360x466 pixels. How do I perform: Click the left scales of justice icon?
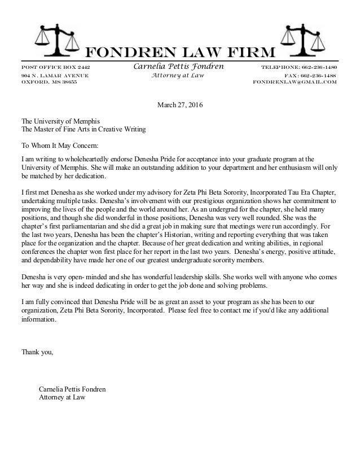pyautogui.click(x=51, y=41)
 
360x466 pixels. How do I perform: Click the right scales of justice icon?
pyautogui.click(x=309, y=41)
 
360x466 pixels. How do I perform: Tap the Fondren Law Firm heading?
pyautogui.click(x=180, y=52)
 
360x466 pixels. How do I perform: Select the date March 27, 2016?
pyautogui.click(x=179, y=104)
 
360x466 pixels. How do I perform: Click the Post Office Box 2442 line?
pyautogui.click(x=55, y=67)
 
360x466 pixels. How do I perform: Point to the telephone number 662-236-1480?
pyautogui.click(x=298, y=67)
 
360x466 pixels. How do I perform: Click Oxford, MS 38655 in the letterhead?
pyautogui.click(x=49, y=82)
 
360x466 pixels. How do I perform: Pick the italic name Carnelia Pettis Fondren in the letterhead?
pyautogui.click(x=178, y=67)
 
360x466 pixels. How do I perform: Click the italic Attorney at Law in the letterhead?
pyautogui.click(x=178, y=75)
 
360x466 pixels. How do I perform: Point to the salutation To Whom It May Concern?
pyautogui.click(x=59, y=144)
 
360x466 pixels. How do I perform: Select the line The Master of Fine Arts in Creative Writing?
pyautogui.click(x=83, y=129)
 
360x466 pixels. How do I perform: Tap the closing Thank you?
pyautogui.click(x=37, y=353)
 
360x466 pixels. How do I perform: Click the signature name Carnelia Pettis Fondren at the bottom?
pyautogui.click(x=72, y=389)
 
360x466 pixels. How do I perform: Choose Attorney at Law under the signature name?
pyautogui.click(x=62, y=397)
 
